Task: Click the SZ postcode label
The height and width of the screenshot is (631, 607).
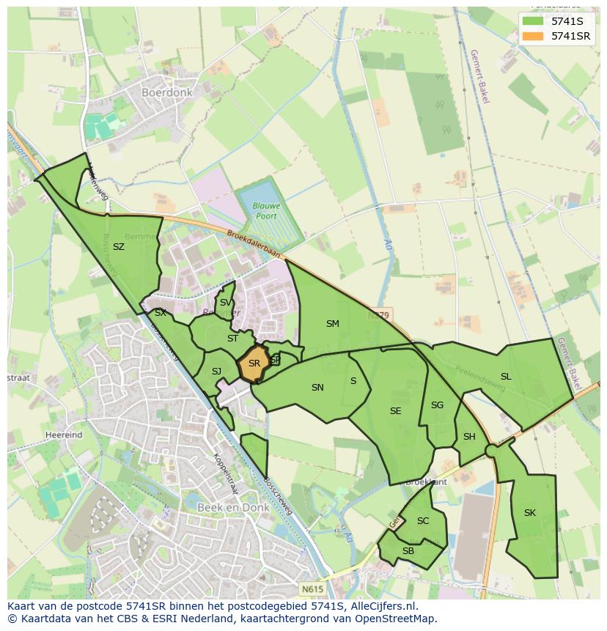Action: pyautogui.click(x=119, y=247)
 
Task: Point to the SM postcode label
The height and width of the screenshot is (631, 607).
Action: pyautogui.click(x=333, y=324)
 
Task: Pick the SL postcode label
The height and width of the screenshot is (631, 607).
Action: pyautogui.click(x=506, y=377)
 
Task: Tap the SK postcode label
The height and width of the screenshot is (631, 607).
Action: pyautogui.click(x=530, y=513)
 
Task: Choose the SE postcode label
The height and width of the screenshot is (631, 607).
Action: pyautogui.click(x=396, y=411)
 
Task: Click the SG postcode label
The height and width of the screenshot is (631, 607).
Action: pyautogui.click(x=438, y=405)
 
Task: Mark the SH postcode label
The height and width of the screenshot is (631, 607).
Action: pyautogui.click(x=469, y=437)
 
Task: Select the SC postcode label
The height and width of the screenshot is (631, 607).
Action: pyautogui.click(x=423, y=521)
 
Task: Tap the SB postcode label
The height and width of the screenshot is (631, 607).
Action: pyautogui.click(x=408, y=551)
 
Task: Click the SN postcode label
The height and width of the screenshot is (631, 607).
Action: pyautogui.click(x=317, y=388)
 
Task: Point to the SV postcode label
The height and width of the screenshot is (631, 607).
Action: pyautogui.click(x=225, y=303)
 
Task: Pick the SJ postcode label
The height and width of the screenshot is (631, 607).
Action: pyautogui.click(x=216, y=372)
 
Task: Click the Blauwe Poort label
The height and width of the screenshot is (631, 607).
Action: pyautogui.click(x=267, y=211)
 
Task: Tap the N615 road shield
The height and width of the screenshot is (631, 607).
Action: pyautogui.click(x=312, y=588)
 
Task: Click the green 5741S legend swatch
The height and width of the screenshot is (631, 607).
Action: pyautogui.click(x=533, y=21)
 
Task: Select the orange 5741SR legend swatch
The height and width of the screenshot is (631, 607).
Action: pyautogui.click(x=533, y=36)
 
